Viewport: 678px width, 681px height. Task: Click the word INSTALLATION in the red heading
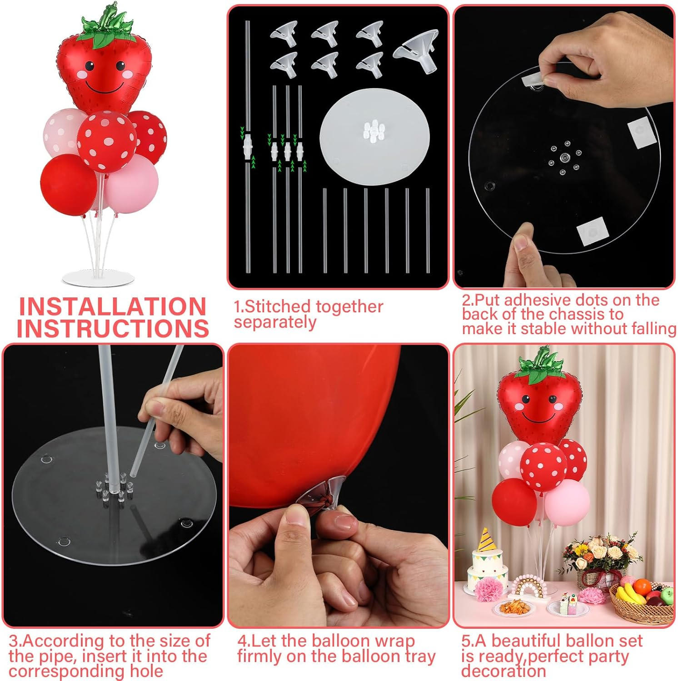(112, 307)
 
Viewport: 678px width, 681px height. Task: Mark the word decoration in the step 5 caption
(503, 671)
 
